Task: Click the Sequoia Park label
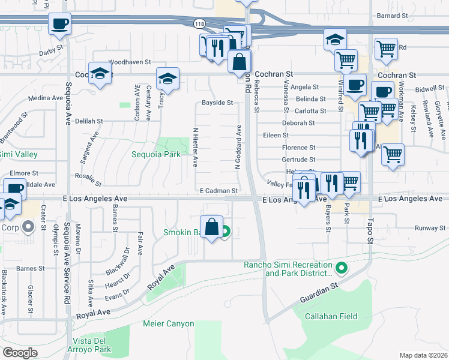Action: (156, 154)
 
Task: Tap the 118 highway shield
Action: (199, 23)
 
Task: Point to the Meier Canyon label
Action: (169, 324)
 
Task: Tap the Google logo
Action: (20, 352)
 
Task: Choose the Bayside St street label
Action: (217, 103)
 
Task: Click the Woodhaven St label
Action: (129, 62)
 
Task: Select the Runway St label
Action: (427, 228)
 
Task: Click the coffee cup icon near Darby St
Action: (60, 25)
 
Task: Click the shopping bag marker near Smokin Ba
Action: (211, 227)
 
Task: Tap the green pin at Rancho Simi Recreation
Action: (342, 267)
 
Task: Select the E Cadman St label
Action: (219, 191)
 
